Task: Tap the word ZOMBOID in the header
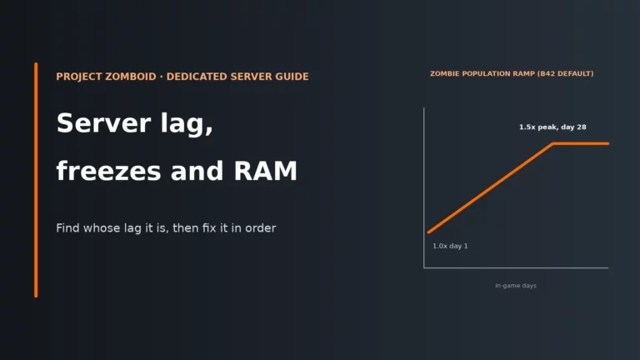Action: tap(131, 77)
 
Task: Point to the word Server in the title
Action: tap(103, 122)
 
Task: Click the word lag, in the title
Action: tap(187, 124)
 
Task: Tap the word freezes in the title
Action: tap(108, 171)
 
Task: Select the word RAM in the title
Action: tap(265, 171)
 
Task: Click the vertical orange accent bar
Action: tap(36, 180)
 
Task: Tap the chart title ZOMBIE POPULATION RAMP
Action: tap(482, 74)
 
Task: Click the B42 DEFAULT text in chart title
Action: tap(566, 74)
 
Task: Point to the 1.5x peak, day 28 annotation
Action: tap(552, 127)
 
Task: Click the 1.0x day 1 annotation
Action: tap(450, 246)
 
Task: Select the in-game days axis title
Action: tap(516, 286)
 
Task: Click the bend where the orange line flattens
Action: tap(553, 143)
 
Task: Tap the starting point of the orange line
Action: tap(428, 232)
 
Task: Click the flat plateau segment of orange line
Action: tap(581, 143)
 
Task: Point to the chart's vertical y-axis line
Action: tap(424, 187)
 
